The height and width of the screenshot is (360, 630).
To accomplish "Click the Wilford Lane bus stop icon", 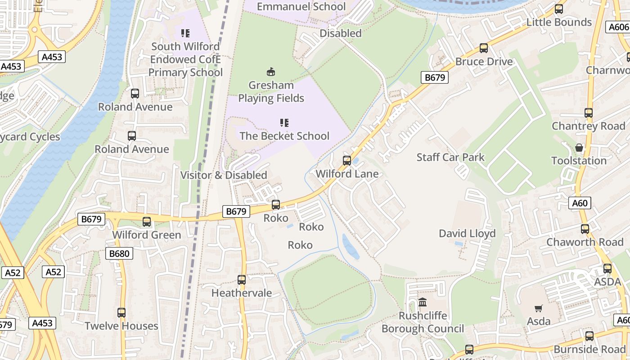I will pos(347,160).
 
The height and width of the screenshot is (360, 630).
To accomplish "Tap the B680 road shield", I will pos(119,253).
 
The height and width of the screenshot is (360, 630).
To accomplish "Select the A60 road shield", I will pos(580,203).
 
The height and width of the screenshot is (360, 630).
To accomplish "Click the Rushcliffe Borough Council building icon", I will pos(423,302).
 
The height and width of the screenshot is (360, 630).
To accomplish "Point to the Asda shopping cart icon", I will pos(538,308).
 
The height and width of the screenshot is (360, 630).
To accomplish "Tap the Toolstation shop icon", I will pos(579,148).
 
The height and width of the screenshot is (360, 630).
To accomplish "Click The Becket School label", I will pos(284,136).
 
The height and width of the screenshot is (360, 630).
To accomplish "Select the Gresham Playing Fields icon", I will pos(271,72).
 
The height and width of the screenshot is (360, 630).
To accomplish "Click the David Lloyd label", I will pos(467,233).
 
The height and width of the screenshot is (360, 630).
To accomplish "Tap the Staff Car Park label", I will pos(450,157).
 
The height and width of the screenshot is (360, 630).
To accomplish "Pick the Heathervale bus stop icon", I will pos(242,279).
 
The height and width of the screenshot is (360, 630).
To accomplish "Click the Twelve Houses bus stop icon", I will pos(121,312).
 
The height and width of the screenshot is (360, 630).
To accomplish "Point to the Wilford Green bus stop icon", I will pos(147,221).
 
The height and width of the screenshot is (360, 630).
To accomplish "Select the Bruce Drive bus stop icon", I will pos(484,48).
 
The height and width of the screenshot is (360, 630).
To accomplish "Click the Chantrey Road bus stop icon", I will pos(589,112).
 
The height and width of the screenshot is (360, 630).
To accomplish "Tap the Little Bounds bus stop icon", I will pos(559,9).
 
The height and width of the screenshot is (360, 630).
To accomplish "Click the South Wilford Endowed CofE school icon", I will pos(185,33).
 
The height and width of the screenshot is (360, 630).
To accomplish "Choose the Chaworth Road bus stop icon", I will pos(585,229).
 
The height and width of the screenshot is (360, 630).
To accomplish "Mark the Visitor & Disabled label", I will pos(224,175).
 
